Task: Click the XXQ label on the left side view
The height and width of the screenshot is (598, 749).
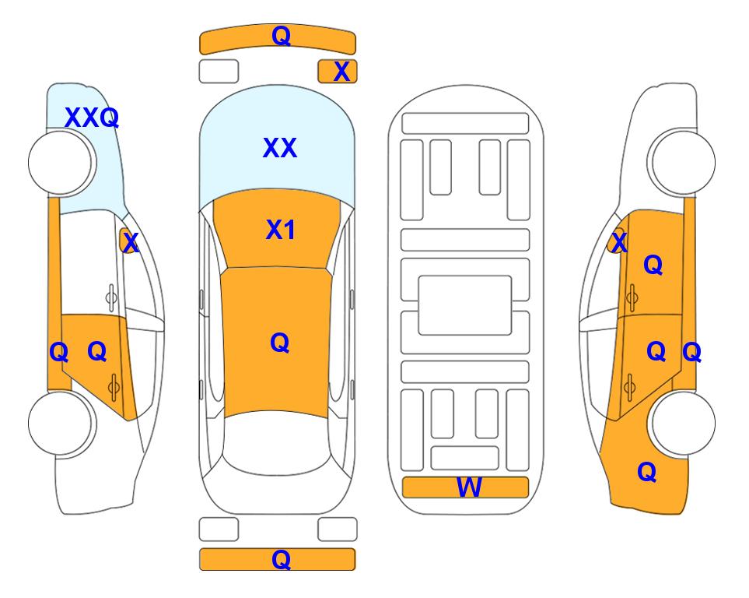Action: [x=92, y=118]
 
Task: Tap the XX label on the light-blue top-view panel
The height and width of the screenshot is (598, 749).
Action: [x=280, y=148]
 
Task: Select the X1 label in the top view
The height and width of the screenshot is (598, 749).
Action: [x=281, y=230]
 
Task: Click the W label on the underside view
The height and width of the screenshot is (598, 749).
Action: [x=469, y=487]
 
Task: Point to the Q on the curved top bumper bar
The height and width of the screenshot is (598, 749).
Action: [x=281, y=36]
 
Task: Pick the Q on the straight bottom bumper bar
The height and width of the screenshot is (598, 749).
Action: [x=281, y=559]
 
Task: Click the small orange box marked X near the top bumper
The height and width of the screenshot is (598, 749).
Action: [x=338, y=72]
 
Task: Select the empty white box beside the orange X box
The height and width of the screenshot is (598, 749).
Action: [x=219, y=72]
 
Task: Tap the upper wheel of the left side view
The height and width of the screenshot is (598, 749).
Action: [x=61, y=162]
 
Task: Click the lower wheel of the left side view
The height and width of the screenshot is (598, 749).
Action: [x=61, y=423]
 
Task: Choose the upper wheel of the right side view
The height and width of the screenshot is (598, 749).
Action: [x=681, y=162]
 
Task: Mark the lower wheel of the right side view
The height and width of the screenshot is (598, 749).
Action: [x=681, y=423]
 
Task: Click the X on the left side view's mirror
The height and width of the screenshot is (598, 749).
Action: [x=130, y=242]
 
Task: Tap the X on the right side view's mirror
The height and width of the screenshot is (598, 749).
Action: [x=619, y=242]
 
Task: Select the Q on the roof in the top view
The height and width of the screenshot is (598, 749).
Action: [x=280, y=343]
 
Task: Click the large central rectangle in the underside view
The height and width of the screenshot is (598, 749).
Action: [x=465, y=305]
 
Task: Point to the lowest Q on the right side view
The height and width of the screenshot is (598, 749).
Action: [x=647, y=472]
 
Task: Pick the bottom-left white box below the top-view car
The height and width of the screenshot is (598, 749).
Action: [x=219, y=529]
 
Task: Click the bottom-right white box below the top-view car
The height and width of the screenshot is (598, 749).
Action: [x=338, y=529]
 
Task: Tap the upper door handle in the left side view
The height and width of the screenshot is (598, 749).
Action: [x=111, y=297]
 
